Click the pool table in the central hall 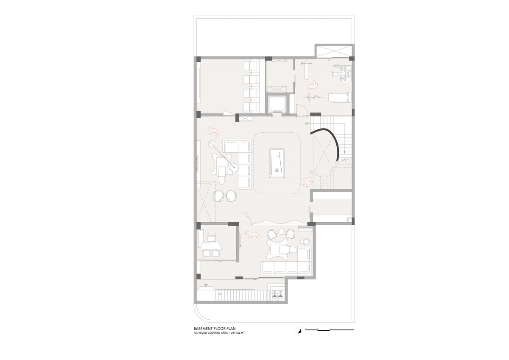(x=277, y=163)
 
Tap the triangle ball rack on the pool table (x=277, y=170)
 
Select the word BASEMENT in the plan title (x=202, y=329)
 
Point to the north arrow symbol (x=299, y=331)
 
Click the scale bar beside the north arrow (x=330, y=329)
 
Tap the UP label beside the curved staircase (x=307, y=123)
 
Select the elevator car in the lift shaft (x=277, y=104)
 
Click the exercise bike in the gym (x=313, y=98)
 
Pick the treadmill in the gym (x=340, y=97)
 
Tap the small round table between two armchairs (x=281, y=232)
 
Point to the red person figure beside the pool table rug (x=308, y=182)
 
